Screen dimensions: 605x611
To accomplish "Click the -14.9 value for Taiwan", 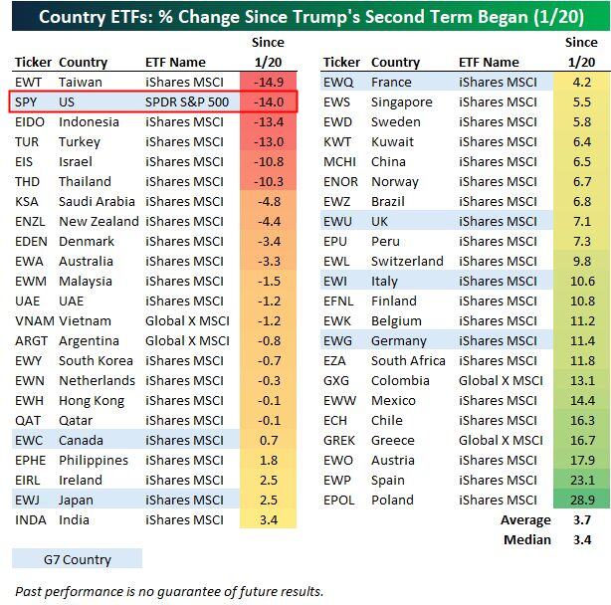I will point(270,82).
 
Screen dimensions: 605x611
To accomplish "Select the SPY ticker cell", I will point(27,101).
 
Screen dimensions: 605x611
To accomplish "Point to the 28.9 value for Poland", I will point(582,500).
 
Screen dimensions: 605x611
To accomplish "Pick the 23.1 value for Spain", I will point(582,480).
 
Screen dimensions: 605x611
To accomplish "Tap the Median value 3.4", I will point(582,539).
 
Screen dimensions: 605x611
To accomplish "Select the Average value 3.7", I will point(582,519).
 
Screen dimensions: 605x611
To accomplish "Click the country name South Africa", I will point(408,360).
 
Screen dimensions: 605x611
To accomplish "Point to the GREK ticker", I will point(340,440).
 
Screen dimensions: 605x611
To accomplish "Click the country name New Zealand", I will point(99,221).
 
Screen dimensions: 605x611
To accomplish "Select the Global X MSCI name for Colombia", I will point(501,380).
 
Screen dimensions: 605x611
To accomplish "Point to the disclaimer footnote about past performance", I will point(169,590).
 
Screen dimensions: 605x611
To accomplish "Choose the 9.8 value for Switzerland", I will point(582,261).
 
